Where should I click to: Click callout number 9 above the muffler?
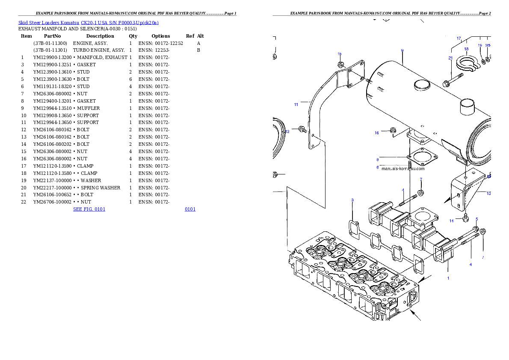point(402,50)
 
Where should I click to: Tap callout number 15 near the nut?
point(340,54)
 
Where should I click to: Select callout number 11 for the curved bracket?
point(296,105)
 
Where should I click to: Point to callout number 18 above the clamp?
point(466,49)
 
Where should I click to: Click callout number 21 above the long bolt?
point(450,58)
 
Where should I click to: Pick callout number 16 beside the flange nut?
point(377,133)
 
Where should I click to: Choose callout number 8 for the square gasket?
point(378,159)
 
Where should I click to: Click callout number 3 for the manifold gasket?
point(352,200)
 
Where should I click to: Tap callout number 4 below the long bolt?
point(471,265)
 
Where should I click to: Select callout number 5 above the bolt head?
point(477,219)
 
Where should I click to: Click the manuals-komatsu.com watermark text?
point(403,168)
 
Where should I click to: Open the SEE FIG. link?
point(89,209)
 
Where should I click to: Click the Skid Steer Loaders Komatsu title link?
point(88,23)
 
